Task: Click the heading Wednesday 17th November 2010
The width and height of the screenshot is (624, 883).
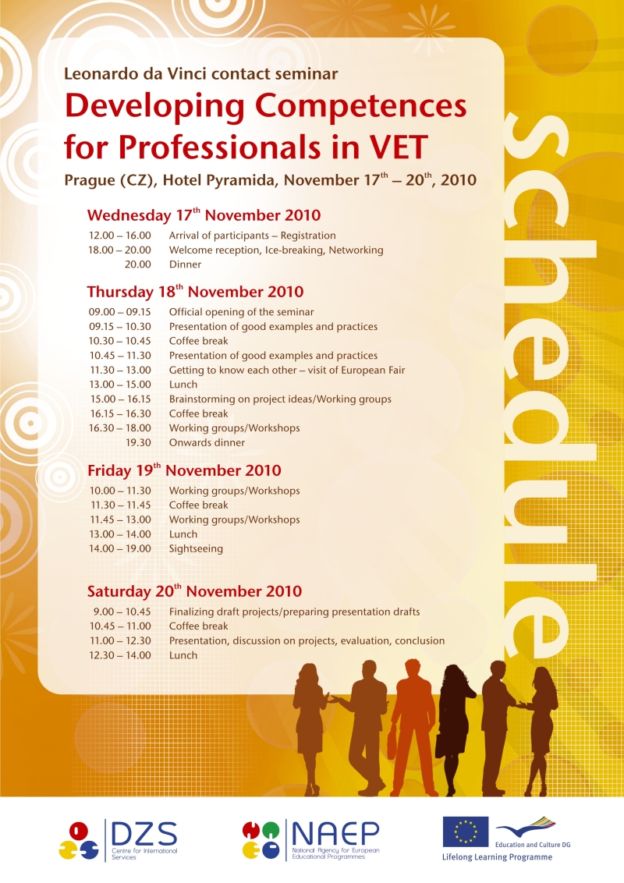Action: [x=204, y=215]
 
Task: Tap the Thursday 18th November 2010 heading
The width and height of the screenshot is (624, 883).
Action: [x=195, y=293]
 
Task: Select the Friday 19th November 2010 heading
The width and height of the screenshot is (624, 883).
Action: [x=184, y=471]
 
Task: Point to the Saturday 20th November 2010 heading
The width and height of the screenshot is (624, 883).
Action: [x=194, y=591]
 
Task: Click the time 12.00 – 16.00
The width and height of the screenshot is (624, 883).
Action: [x=119, y=236]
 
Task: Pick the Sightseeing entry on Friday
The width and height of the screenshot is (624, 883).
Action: [x=196, y=549]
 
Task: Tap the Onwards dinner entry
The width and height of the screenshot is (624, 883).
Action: [x=207, y=443]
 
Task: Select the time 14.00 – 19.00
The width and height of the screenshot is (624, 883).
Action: [x=119, y=549]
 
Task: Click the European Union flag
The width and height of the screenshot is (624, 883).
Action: [x=466, y=832]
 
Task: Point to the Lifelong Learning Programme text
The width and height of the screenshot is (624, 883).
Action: [x=491, y=856]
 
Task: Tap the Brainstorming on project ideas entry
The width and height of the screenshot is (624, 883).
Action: [x=280, y=399]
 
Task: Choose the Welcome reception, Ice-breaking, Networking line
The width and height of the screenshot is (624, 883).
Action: [x=276, y=250]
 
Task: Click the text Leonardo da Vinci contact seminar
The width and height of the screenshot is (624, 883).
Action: [x=201, y=74]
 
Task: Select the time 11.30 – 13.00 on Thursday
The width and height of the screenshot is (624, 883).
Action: [x=119, y=371]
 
